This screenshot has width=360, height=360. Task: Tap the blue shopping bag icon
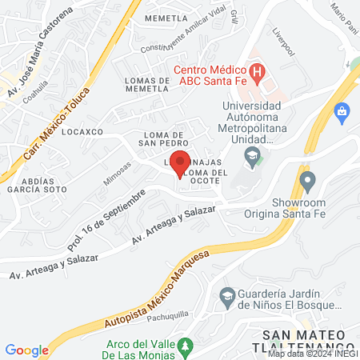point(343,110)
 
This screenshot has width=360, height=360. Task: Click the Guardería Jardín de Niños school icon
point(227,297)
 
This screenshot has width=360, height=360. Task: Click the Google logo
point(26,350)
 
